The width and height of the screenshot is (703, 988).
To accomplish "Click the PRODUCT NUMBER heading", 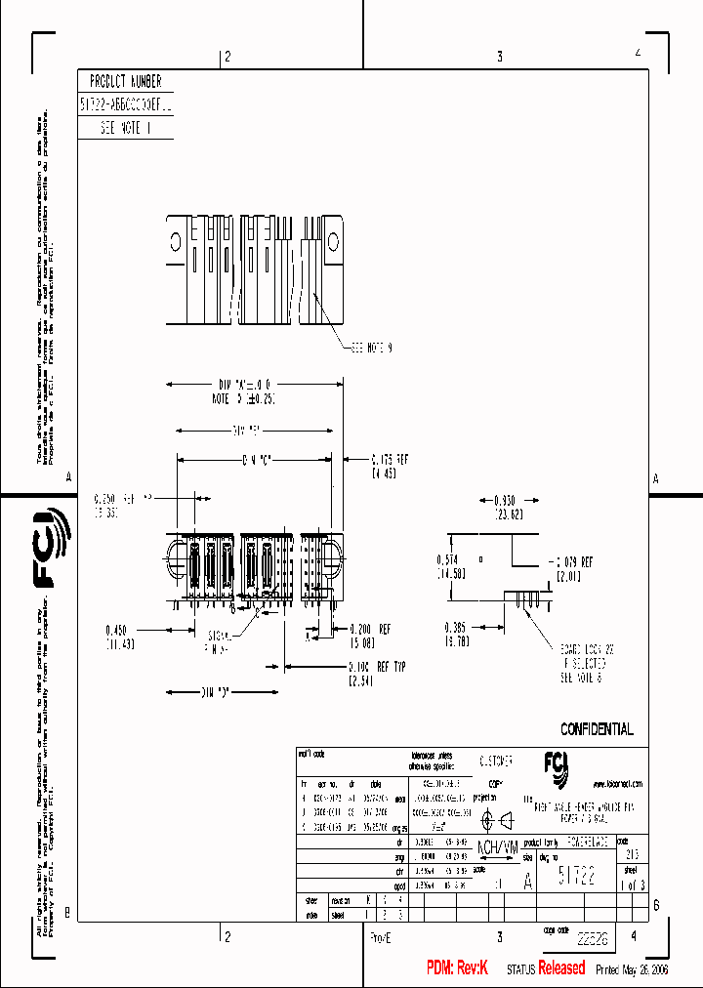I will click(125, 82).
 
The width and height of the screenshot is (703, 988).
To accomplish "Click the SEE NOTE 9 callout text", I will click(371, 348).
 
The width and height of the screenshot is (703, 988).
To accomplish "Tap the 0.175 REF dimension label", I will click(391, 458).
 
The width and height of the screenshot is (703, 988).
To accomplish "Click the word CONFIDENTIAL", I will click(597, 729).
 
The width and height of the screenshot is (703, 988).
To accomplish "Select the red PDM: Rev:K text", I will click(456, 967).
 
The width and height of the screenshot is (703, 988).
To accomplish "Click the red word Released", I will click(561, 967).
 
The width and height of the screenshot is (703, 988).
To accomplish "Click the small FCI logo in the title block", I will click(555, 763).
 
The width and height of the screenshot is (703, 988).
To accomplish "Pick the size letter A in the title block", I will click(528, 881).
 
